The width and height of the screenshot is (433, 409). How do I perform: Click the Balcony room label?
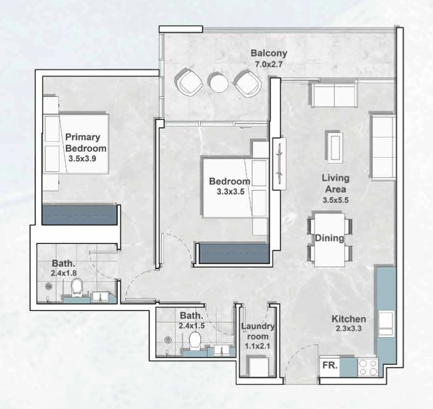pyautogui.click(x=269, y=53)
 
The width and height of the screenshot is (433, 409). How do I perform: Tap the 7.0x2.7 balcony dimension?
pyautogui.click(x=269, y=64)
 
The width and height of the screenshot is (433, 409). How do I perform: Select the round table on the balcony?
pyautogui.click(x=219, y=82)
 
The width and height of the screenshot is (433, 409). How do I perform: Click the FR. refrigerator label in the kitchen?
pyautogui.click(x=330, y=365)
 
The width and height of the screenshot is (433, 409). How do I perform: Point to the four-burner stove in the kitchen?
pyautogui.click(x=368, y=367)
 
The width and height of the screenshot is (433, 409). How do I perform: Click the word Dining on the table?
pyautogui.click(x=329, y=238)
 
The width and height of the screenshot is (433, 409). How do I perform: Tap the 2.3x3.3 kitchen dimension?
pyautogui.click(x=349, y=328)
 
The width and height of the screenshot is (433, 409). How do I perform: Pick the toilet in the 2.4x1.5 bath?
pyautogui.click(x=195, y=339)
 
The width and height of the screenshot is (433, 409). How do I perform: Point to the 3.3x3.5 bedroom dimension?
pyautogui.click(x=231, y=191)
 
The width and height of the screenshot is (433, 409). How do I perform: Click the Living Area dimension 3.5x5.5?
pyautogui.click(x=336, y=200)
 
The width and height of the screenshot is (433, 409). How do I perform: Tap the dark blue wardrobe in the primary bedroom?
pyautogui.click(x=80, y=215)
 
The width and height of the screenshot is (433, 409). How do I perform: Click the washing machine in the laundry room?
pyautogui.click(x=258, y=366)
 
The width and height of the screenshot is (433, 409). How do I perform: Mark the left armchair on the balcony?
pyautogui.click(x=189, y=82)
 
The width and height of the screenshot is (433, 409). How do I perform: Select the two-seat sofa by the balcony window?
pyautogui.click(x=333, y=95)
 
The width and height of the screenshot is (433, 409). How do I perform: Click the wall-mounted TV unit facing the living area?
pyautogui.click(x=280, y=164)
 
